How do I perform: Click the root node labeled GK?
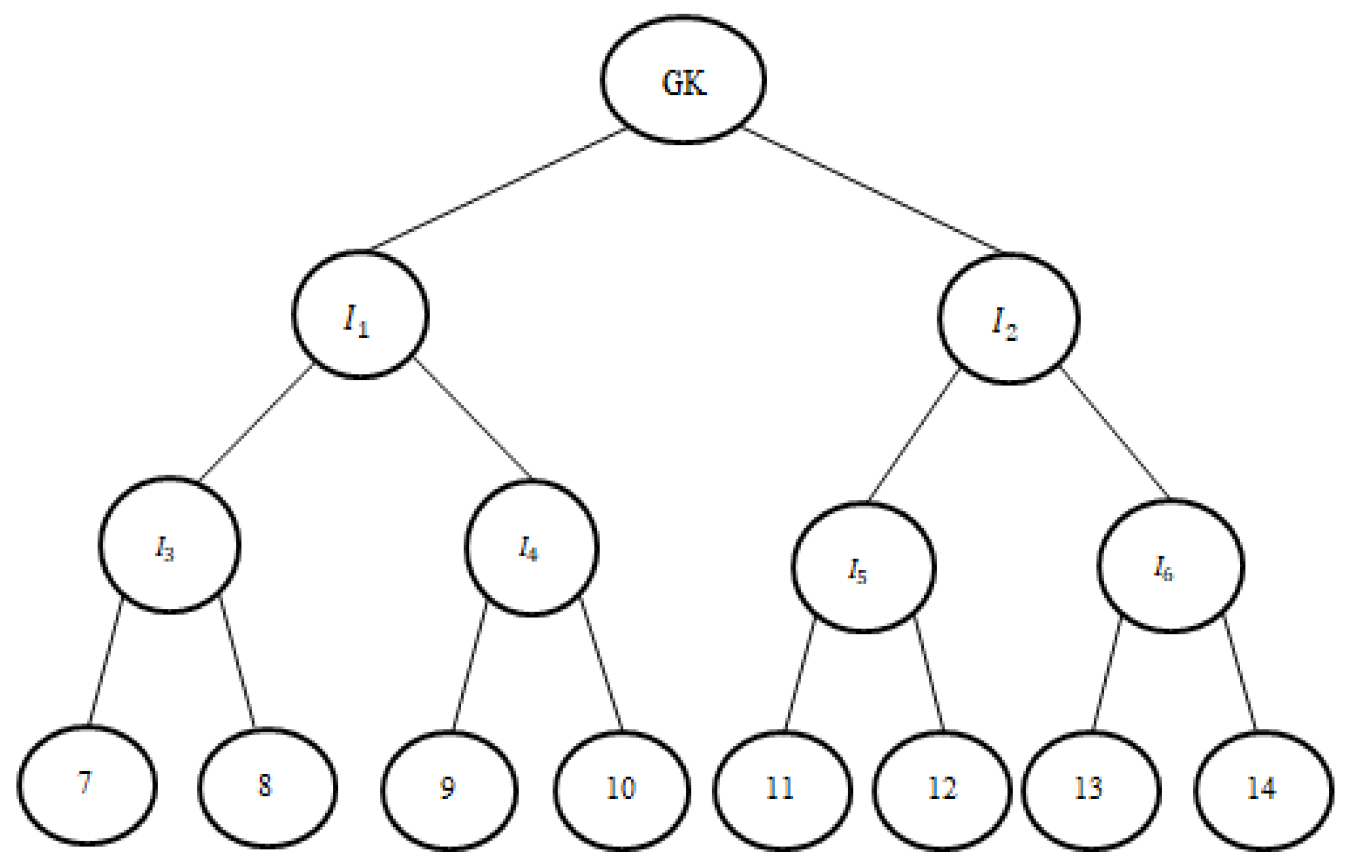[683, 80]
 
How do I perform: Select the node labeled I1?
[360, 315]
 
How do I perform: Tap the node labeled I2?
[1008, 318]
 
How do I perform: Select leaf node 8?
[268, 788]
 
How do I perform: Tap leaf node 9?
[450, 790]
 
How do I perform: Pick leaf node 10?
[622, 790]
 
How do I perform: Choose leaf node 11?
[783, 790]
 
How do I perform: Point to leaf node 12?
[942, 790]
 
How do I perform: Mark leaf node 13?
[1092, 790]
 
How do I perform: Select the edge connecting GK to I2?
[873, 190]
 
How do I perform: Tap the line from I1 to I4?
[473, 418]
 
